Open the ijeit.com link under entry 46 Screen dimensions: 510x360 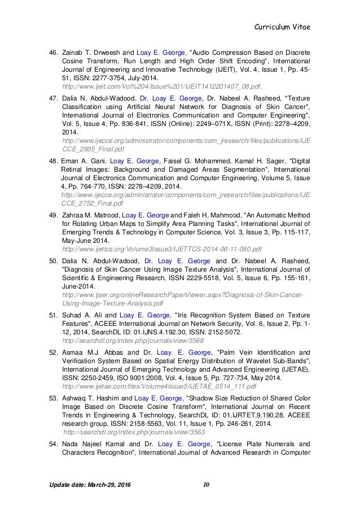(163, 87)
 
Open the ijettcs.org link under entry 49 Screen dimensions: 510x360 (162, 249)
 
